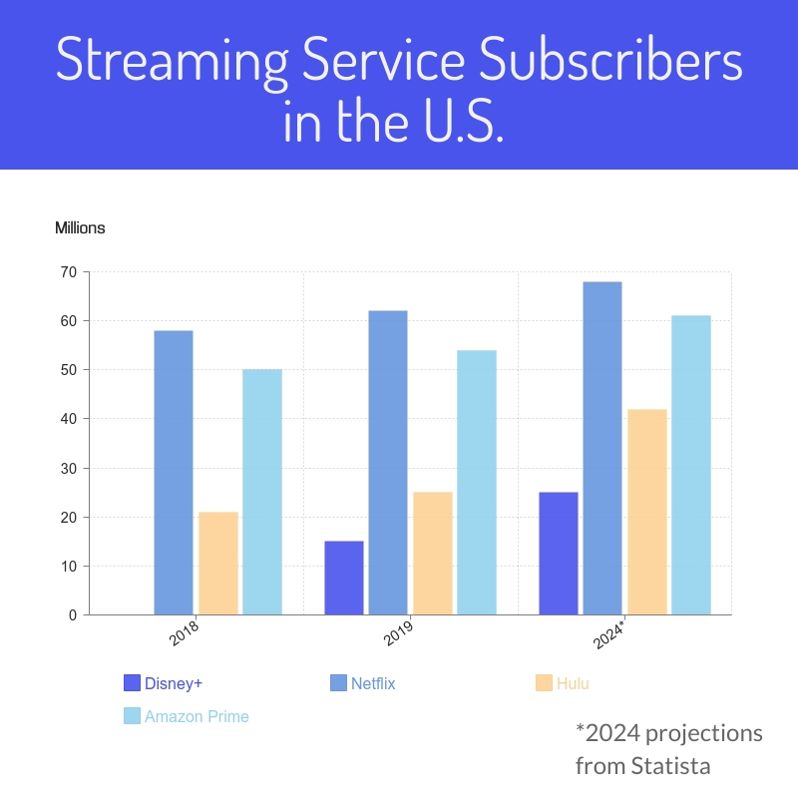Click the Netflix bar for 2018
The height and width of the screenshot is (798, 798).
click(x=174, y=472)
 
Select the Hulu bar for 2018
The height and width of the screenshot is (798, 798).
click(x=218, y=563)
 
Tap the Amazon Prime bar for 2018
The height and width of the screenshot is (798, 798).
click(x=262, y=492)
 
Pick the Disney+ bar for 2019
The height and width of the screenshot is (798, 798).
click(x=344, y=578)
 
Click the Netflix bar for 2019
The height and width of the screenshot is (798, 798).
click(x=388, y=463)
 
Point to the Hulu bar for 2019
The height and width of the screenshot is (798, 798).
click(x=433, y=553)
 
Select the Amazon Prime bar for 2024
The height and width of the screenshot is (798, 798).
click(x=691, y=465)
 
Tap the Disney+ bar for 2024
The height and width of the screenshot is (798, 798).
click(x=559, y=553)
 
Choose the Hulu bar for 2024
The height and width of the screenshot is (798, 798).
click(x=647, y=512)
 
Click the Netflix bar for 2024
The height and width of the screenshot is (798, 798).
click(x=602, y=448)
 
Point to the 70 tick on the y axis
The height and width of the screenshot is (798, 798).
click(x=68, y=272)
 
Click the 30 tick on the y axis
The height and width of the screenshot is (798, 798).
click(x=68, y=468)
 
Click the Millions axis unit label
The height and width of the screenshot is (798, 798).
click(x=80, y=228)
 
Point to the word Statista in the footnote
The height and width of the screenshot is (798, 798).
click(x=671, y=766)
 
